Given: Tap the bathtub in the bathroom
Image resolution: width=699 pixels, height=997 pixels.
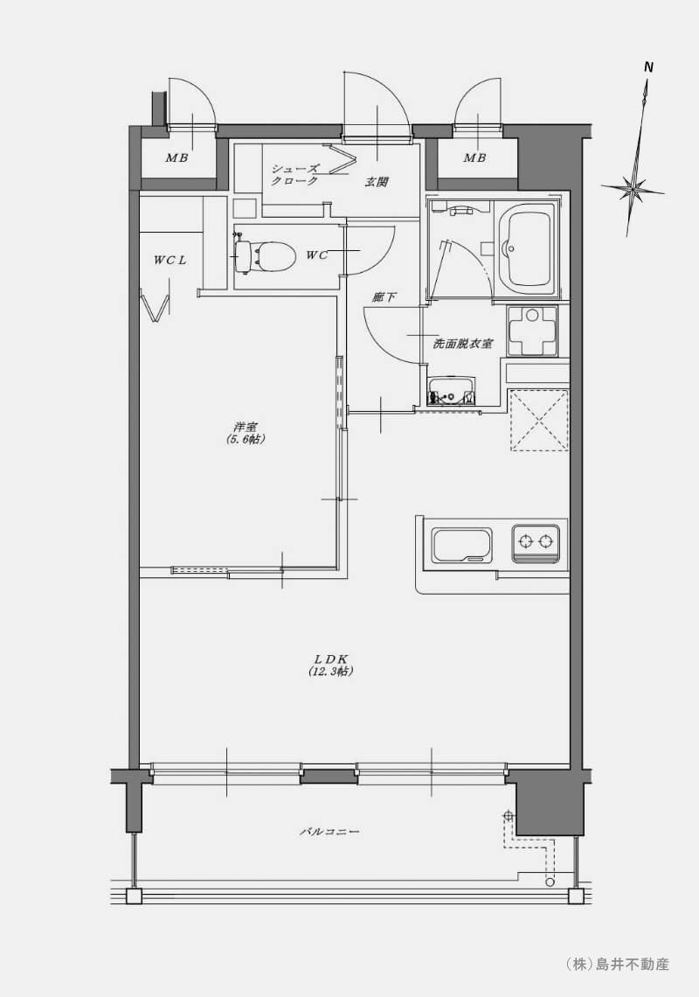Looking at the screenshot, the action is pos(526,249).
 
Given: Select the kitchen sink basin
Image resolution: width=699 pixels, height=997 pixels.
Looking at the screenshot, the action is pos(462,545).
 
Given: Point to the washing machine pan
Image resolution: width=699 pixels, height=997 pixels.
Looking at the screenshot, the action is pos(532,331).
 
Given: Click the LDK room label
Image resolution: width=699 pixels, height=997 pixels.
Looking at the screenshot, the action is pos(330,665).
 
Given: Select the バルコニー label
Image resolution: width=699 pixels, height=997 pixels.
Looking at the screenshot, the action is pos(329,831).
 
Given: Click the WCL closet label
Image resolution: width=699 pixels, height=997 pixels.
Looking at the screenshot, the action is pos(170,260).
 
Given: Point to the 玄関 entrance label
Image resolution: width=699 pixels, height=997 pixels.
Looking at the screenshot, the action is pos(377,182).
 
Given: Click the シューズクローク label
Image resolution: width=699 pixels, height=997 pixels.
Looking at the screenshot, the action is pos(294,175).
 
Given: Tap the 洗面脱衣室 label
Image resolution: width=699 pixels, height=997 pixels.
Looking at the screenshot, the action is pos(462,344).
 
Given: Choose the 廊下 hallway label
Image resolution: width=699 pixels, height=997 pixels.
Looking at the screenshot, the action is pos(384,296).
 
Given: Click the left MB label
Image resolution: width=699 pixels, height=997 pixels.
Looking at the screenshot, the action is pos(176,157).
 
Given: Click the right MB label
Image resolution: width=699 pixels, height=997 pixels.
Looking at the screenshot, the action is pos(474,157).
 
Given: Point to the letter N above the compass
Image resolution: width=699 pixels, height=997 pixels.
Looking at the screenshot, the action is pos(649,66).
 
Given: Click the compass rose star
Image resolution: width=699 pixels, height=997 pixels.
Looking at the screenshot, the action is pos(633,189).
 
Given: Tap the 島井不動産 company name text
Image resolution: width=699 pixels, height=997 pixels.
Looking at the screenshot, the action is pos(632,964).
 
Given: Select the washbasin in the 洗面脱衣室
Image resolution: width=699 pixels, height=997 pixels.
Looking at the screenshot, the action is pos(452,390).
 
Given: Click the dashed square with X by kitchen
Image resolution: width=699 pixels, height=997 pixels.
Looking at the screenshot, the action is pos(539,421).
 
